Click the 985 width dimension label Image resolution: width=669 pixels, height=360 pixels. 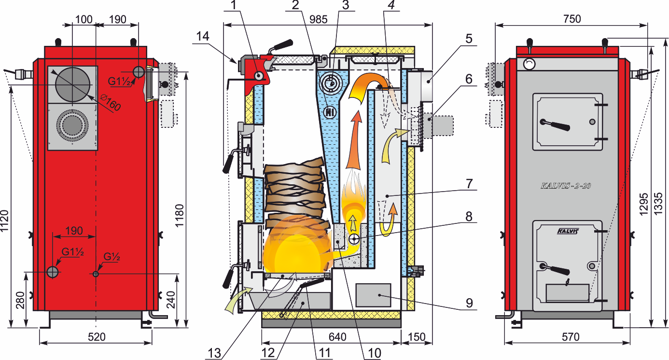point(319,19)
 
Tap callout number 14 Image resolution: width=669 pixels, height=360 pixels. point(203,36)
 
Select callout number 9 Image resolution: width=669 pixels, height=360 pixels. point(469,303)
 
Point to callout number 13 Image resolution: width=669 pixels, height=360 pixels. point(214,353)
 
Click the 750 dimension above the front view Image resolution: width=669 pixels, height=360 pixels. point(572,19)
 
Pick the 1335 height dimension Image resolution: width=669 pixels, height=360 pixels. point(658,203)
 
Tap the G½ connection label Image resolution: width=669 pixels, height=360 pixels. point(111,257)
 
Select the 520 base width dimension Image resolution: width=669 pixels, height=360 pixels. point(97,337)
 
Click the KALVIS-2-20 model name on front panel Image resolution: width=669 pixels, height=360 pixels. point(566,186)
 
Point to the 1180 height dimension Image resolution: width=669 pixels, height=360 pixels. point(179,216)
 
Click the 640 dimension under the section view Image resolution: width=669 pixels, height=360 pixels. point(337,337)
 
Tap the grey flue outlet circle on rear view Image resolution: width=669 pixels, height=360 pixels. point(72,84)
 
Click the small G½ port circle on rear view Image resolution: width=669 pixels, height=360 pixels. point(96,274)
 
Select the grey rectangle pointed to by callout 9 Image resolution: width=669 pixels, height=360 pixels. point(373,295)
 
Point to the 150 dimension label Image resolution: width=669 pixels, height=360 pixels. point(417,337)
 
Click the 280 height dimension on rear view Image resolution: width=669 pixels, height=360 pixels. point(20,300)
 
